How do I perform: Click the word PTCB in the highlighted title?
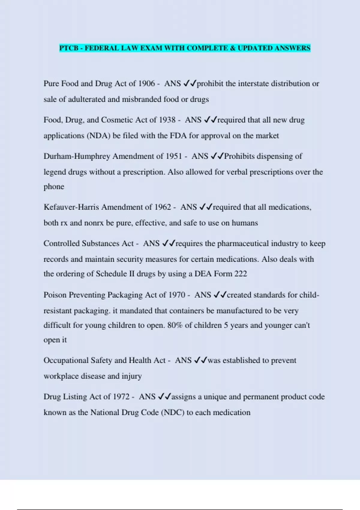[69, 48]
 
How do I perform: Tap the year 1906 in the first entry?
[146, 83]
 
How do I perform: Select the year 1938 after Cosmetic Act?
[167, 120]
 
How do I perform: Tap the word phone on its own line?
[54, 187]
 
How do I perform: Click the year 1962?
[163, 207]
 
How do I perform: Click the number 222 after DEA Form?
[241, 274]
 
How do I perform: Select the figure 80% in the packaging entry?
[175, 325]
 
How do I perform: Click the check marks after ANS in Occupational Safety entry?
[200, 360]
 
